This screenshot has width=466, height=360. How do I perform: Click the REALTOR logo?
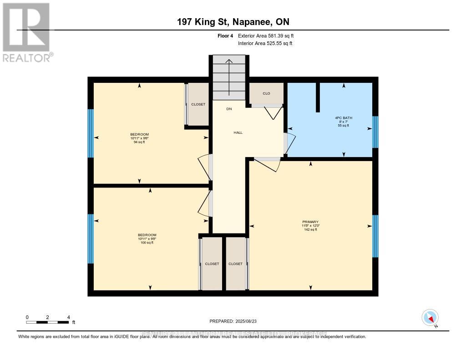pyautogui.click(x=26, y=32)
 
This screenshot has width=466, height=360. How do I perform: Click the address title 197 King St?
pyautogui.click(x=233, y=22)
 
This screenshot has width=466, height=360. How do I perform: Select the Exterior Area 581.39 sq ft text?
pyautogui.click(x=269, y=35)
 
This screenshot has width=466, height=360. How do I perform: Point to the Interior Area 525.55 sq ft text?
pyautogui.click(x=265, y=44)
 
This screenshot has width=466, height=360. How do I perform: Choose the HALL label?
pyautogui.click(x=238, y=133)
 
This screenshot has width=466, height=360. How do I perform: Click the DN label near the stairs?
pyautogui.click(x=229, y=109)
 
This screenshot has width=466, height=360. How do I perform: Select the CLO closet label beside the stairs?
pyautogui.click(x=266, y=93)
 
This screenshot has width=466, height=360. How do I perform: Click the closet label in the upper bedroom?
pyautogui.click(x=198, y=104)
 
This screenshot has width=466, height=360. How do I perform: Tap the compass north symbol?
pyautogui.click(x=430, y=318)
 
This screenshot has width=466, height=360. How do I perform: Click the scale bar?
pyautogui.click(x=47, y=322)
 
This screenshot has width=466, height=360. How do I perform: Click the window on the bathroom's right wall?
pyautogui.click(x=375, y=132)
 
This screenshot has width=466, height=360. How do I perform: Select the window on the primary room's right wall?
pyautogui.click(x=375, y=236)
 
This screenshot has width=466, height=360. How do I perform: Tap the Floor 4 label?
pyautogui.click(x=226, y=35)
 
